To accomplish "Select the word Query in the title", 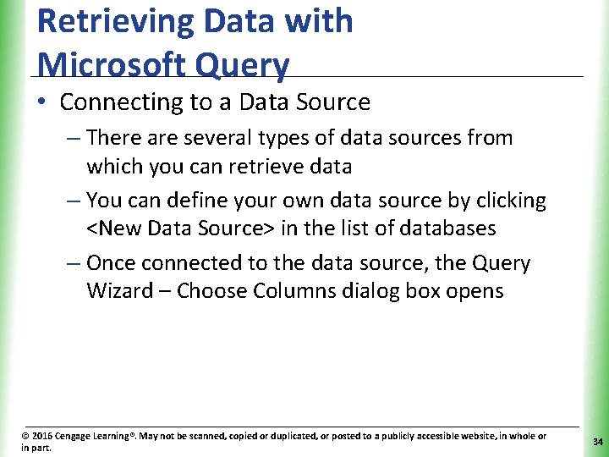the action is (x=253, y=64).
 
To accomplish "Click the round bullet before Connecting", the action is (x=43, y=102).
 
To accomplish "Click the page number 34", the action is (x=597, y=442).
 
